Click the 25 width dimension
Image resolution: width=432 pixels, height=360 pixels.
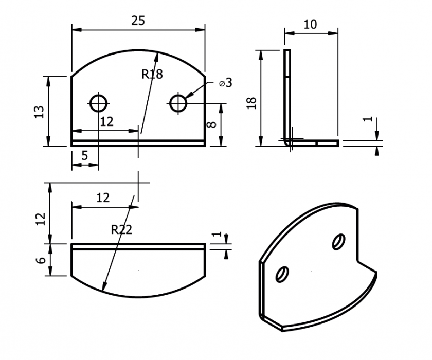(138, 21)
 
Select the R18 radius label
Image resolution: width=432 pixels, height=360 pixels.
(152, 74)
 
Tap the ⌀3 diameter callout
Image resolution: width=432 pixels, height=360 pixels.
(225, 83)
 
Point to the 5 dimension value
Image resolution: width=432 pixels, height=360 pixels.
(84, 156)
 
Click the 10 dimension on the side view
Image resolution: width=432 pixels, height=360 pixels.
(311, 24)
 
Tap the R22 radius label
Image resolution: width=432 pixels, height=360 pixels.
(121, 230)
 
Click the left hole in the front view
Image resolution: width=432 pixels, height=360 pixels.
(98, 103)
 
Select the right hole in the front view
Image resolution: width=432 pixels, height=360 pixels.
(178, 103)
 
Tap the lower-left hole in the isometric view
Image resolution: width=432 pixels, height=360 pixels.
(282, 274)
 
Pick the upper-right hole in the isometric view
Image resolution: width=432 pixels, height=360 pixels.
(339, 241)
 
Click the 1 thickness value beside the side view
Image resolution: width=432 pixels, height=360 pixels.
(367, 119)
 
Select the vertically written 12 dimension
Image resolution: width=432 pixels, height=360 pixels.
(41, 219)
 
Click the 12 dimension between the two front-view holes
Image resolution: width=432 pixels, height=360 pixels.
(106, 122)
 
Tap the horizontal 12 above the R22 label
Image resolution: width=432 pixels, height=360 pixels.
(103, 198)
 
